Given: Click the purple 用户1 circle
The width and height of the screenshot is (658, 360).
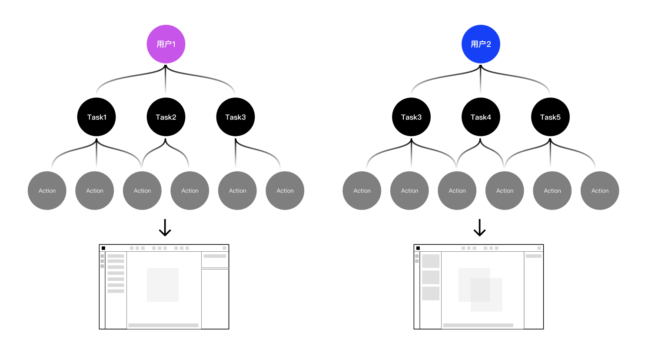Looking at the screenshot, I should click(x=166, y=44).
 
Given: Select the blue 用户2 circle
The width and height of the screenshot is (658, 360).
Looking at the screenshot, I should click(x=481, y=44).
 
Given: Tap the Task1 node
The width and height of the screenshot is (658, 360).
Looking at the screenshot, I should click(x=96, y=117).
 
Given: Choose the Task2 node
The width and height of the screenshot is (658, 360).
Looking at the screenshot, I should click(x=166, y=117).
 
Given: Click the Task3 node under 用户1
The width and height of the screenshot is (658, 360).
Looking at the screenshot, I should click(x=235, y=117).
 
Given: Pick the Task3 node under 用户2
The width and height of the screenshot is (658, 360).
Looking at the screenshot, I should click(x=411, y=117).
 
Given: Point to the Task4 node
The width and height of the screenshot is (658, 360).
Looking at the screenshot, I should click(x=481, y=117).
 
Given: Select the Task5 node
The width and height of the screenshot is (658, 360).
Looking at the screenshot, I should click(x=550, y=117).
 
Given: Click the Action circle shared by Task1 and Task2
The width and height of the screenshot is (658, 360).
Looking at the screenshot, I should click(x=142, y=190).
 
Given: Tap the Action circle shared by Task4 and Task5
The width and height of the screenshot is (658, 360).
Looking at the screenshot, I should click(x=505, y=190).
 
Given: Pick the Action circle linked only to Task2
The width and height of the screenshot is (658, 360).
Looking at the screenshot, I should click(x=189, y=190).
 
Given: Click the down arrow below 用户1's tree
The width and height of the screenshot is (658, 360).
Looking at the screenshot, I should click(x=165, y=227).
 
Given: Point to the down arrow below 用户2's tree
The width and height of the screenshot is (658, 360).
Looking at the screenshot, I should click(x=479, y=227).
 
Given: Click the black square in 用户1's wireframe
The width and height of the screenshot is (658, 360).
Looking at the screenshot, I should click(x=103, y=248).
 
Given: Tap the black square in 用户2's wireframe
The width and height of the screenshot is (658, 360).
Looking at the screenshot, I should click(x=418, y=248).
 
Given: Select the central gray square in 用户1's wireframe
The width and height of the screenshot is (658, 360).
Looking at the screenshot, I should click(x=163, y=285).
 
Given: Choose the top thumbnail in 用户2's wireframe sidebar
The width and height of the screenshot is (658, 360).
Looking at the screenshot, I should click(x=431, y=261).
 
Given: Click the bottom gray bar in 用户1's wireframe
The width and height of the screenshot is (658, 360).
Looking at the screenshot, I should click(x=163, y=325).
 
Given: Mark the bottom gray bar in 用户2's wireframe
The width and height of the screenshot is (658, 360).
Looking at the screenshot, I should click(x=478, y=325).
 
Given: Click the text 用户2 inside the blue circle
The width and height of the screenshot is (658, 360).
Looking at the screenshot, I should click(x=481, y=44).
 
